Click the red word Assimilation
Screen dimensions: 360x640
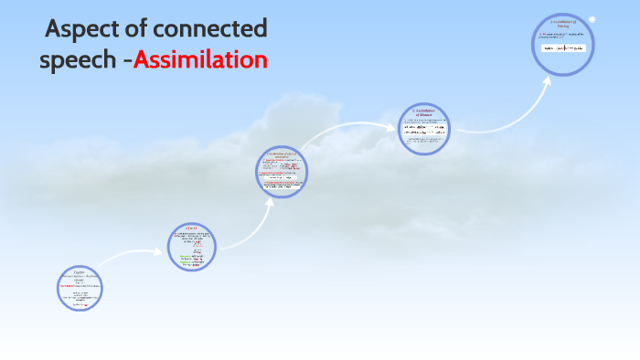[200, 60]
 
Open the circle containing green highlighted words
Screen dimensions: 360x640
[194, 248]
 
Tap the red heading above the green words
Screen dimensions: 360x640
[192, 228]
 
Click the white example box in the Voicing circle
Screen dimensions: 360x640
[562, 47]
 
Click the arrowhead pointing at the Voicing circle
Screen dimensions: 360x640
[548, 79]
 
